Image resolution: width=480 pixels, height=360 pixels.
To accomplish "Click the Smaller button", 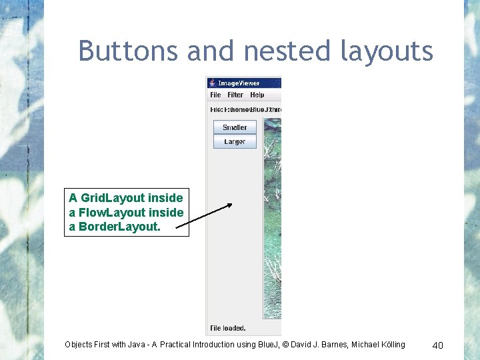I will [x=235, y=127].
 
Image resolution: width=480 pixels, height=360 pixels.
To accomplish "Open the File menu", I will [x=215, y=95].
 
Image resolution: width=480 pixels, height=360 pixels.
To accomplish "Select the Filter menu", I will [x=235, y=95].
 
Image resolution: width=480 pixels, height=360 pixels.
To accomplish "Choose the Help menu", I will [x=257, y=95].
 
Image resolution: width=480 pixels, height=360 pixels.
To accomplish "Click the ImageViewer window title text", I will [x=239, y=83].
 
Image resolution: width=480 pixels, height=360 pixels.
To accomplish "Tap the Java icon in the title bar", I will [x=212, y=83].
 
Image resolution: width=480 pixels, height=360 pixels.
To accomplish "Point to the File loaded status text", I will [x=228, y=328].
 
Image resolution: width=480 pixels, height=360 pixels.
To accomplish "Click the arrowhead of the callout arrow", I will [x=229, y=205].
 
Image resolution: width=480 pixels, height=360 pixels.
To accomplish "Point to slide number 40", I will [x=437, y=345].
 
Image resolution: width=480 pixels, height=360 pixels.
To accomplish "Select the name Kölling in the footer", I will [x=390, y=345].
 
